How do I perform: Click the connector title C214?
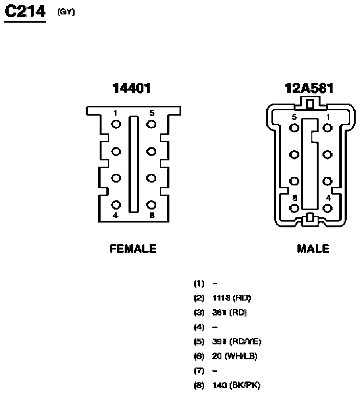(x=25, y=11)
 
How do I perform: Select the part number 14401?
(x=131, y=88)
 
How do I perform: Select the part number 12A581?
(x=309, y=88)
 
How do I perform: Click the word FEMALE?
(x=133, y=249)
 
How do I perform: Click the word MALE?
(x=313, y=249)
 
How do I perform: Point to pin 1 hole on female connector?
(x=116, y=125)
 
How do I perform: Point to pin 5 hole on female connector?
(x=151, y=125)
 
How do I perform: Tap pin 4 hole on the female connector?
(x=116, y=205)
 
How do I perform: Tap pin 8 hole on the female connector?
(x=151, y=205)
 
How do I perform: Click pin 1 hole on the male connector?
(x=328, y=128)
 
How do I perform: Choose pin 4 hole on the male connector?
(x=328, y=208)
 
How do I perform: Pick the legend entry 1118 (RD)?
(x=231, y=298)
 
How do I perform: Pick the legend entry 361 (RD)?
(x=230, y=313)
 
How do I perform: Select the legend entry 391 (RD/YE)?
(x=236, y=341)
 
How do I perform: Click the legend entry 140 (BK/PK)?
(x=236, y=385)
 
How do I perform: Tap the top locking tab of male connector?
(x=310, y=103)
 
